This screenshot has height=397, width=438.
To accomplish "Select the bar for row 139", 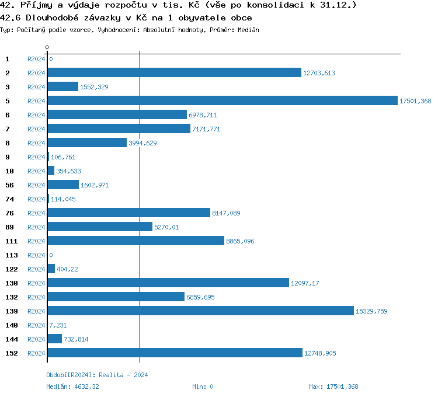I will click(x=200, y=311).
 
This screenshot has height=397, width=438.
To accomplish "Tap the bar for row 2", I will click(x=174, y=73).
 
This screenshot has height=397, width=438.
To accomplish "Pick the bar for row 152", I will click(x=175, y=353).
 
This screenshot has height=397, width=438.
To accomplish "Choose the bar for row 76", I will click(x=128, y=213).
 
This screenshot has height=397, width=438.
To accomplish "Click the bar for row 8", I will click(x=87, y=143).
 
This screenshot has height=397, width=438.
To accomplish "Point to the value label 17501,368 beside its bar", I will click(x=415, y=101).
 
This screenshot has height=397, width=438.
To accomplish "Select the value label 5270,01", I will click(x=166, y=227).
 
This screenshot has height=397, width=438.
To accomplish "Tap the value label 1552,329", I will click(x=94, y=87).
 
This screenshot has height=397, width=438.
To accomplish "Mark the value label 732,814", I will click(x=76, y=339).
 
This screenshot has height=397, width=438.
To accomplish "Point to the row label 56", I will click(x=9, y=185).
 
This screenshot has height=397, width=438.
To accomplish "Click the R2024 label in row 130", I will click(x=36, y=283).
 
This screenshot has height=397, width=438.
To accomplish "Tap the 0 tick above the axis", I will click(x=47, y=47).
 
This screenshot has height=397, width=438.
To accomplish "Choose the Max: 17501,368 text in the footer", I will click(x=333, y=386).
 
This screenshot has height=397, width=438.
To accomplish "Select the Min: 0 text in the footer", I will click(x=203, y=386).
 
